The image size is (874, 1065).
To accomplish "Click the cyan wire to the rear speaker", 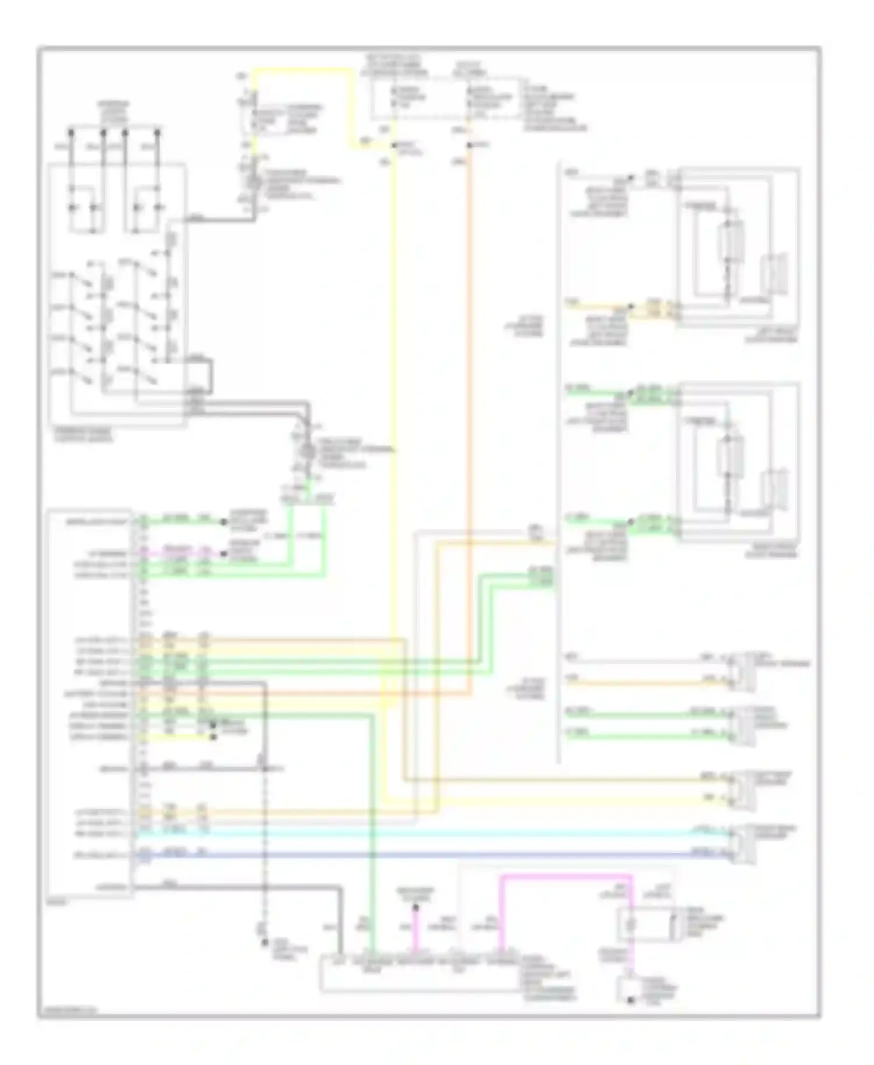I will click(x=408, y=834).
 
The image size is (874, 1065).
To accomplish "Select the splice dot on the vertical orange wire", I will click(x=470, y=144).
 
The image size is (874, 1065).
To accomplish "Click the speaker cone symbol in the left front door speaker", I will click(x=775, y=274).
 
